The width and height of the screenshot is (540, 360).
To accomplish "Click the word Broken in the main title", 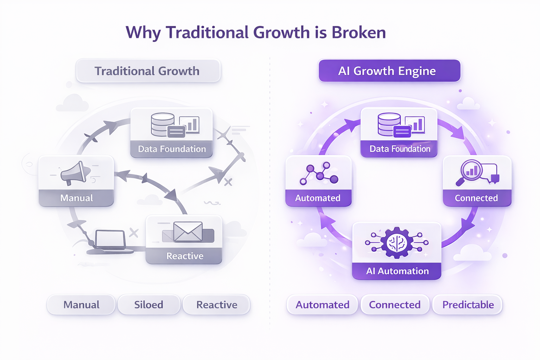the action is (x=359, y=33).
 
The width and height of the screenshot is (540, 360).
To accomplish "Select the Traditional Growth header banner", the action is (x=148, y=71).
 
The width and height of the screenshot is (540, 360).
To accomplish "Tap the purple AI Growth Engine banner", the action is (x=389, y=71).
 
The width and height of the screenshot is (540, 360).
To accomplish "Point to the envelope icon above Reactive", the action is (x=188, y=232).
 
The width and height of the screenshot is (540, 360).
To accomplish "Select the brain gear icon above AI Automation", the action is (x=397, y=243).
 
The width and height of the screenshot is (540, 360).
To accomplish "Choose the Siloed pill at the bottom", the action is (x=149, y=305).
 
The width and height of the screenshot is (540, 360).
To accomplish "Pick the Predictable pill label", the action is (x=468, y=305).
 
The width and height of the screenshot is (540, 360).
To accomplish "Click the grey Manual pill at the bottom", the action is (x=81, y=305).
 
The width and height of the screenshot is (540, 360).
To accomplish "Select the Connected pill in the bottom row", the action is (x=395, y=305).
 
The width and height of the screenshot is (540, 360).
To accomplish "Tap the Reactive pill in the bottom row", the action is (x=217, y=305).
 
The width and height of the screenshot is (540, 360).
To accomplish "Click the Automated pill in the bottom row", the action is (x=322, y=305).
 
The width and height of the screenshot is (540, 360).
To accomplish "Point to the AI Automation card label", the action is (x=397, y=271).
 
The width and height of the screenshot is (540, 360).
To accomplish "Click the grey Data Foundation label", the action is (x=172, y=149).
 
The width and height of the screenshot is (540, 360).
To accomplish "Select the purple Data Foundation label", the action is (x=400, y=149).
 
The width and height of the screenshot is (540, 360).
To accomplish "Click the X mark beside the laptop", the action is (x=134, y=232).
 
